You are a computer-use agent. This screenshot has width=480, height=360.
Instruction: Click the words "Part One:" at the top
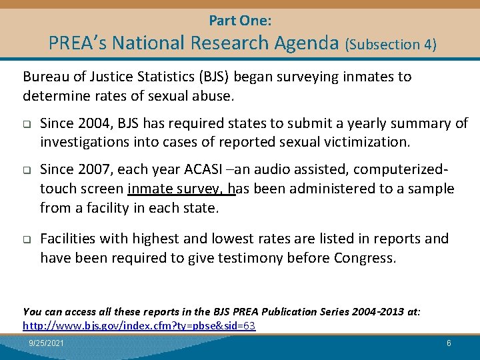tap(240, 20)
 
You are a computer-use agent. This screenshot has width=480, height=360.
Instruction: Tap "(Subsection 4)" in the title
tap(391, 45)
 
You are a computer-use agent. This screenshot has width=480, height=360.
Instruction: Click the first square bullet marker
tap(27, 124)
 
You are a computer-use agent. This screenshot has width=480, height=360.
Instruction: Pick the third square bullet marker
tap(27, 239)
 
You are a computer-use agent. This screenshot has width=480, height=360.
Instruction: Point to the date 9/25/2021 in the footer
tap(47, 343)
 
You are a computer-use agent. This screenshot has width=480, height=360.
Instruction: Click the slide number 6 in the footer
tap(449, 343)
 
